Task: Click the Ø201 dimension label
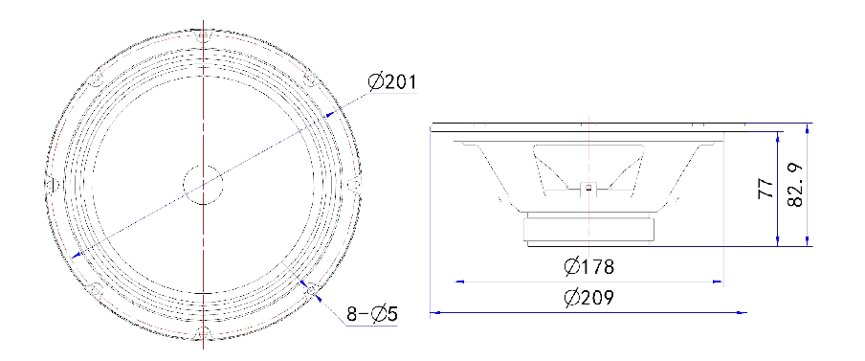(391, 81)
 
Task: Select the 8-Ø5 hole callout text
(372, 314)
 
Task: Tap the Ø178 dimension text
(588, 267)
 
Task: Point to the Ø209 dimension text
(588, 298)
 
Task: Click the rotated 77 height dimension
(765, 189)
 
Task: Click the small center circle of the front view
(203, 185)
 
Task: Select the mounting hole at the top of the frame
(204, 36)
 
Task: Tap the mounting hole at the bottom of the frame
(204, 332)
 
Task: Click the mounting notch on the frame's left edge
(50, 185)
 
